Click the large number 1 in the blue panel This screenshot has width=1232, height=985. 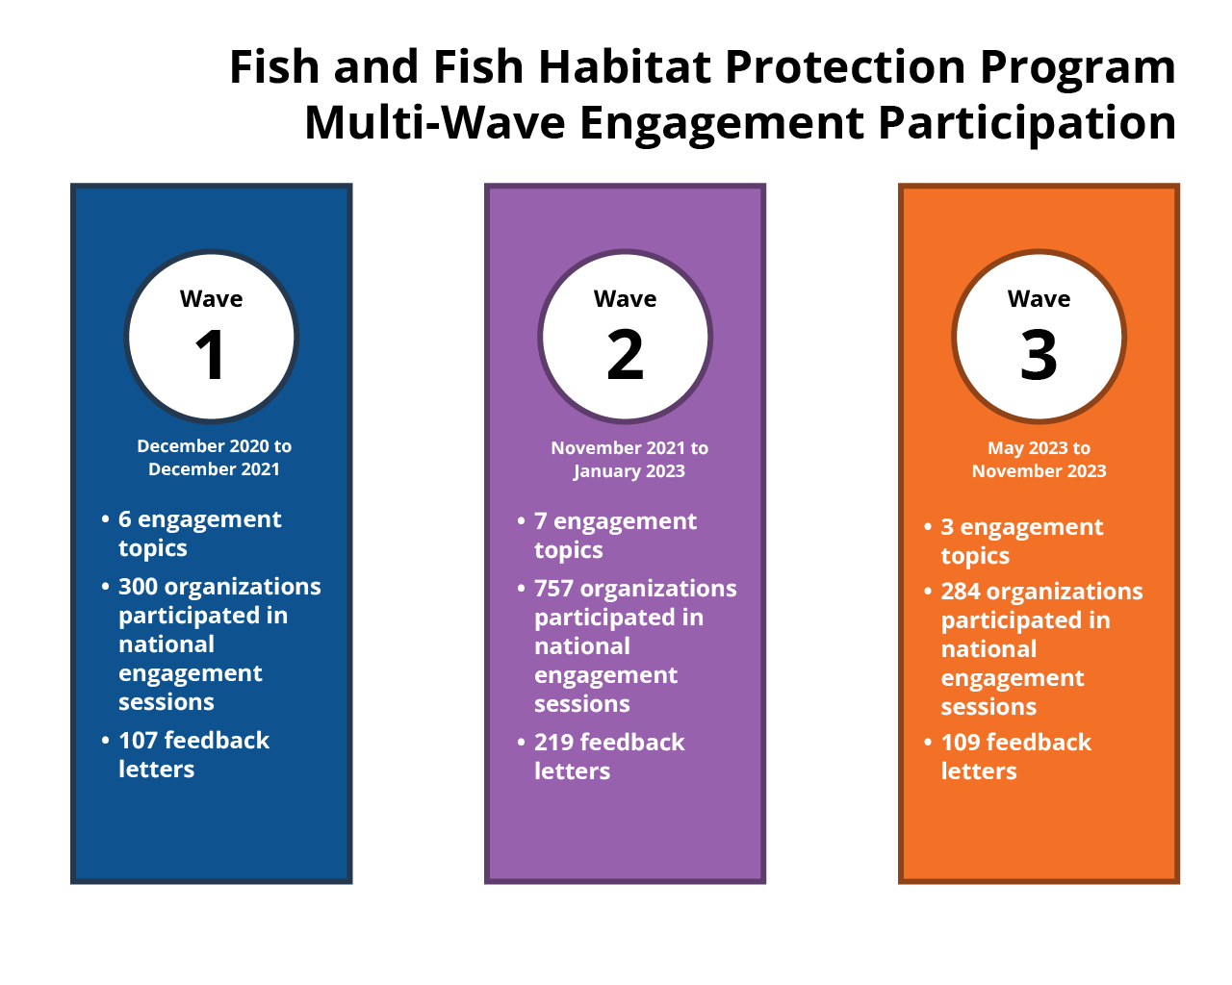(210, 354)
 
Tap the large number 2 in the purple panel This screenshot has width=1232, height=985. (625, 354)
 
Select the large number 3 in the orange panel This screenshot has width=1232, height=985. (1039, 354)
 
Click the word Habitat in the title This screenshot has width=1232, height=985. (625, 66)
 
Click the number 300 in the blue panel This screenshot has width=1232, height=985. (138, 587)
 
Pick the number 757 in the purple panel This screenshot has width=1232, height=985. (553, 589)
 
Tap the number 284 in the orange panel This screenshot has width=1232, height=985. (961, 592)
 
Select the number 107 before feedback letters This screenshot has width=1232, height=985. (138, 740)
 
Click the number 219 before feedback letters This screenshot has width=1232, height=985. (553, 743)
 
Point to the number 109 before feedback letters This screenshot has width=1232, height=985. (961, 743)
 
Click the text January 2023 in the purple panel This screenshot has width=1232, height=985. (629, 471)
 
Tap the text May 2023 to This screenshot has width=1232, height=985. (1039, 447)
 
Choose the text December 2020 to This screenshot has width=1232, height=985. (214, 446)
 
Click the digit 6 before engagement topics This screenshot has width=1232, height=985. (125, 519)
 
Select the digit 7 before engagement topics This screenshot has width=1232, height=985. (540, 521)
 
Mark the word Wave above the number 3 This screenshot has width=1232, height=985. (1039, 299)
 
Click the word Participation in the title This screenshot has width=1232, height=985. (1026, 124)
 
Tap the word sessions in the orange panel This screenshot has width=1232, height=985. (988, 707)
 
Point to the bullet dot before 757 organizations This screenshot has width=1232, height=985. (521, 589)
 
